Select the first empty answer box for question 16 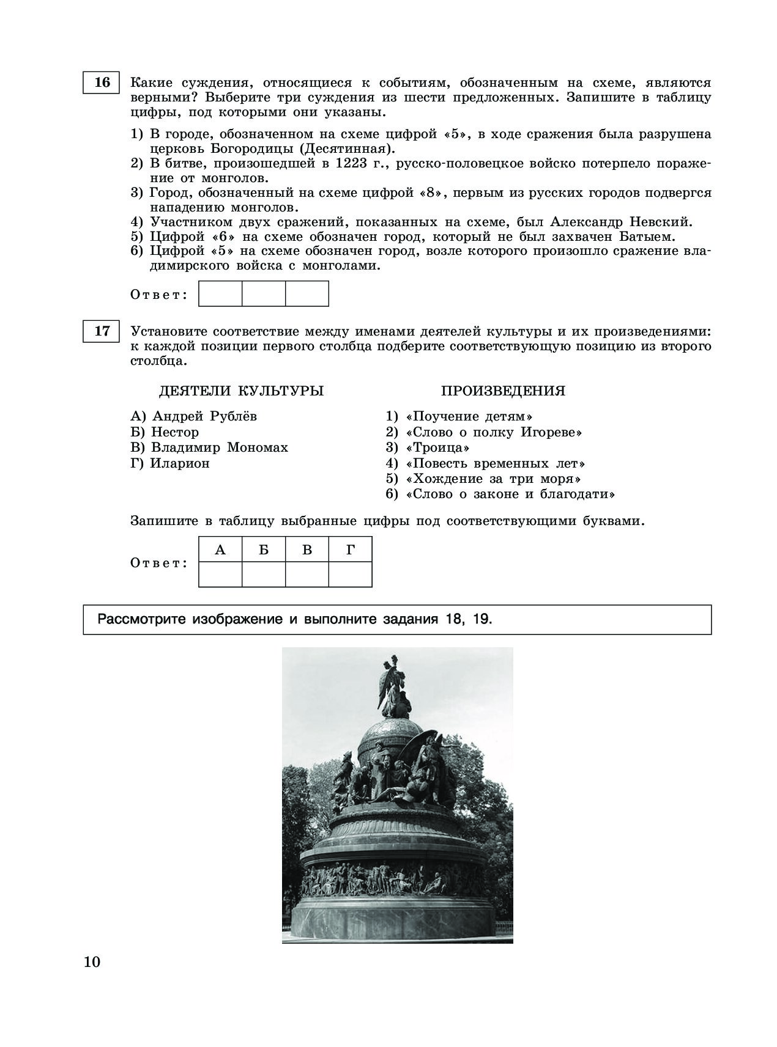coord(220,293)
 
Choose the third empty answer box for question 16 coord(307,293)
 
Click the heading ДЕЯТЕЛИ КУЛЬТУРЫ coord(242,391)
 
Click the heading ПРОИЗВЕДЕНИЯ coord(503,391)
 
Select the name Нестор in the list coord(175,432)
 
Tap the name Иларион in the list coord(180,463)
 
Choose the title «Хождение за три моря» coord(493,479)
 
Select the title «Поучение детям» coord(468,417)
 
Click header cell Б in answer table coord(264,549)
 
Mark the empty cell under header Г coord(350,575)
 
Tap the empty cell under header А coord(220,575)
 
